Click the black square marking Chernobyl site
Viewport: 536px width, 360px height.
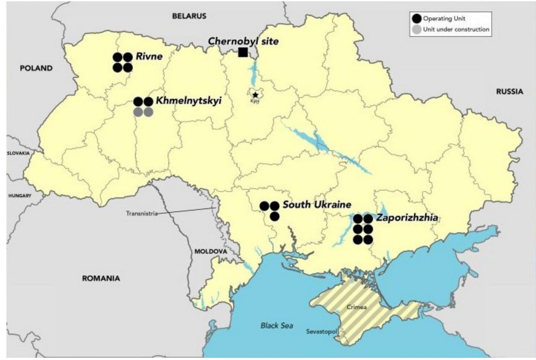pos(243,52)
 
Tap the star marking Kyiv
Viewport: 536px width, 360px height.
pos(255,95)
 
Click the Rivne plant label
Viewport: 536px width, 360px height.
pos(149,56)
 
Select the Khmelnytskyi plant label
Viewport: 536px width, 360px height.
pos(188,101)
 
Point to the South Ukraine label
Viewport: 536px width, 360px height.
pos(317,205)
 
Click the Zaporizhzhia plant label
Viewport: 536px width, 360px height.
pos(407,218)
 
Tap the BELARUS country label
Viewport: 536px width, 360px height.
pos(189,16)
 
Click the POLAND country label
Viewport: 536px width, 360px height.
pos(36,68)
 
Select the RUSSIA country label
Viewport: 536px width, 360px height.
pos(509,92)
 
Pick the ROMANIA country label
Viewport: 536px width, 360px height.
pos(101,278)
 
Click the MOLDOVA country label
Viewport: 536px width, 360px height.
pos(211,251)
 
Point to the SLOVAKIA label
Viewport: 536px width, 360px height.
pos(18,153)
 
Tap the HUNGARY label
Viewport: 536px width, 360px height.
pos(20,195)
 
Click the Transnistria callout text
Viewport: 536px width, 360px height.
pos(142,213)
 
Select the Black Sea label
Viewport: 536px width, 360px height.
pos(277,326)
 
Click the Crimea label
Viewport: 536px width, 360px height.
pos(356,307)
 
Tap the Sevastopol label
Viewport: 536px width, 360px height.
pos(321,331)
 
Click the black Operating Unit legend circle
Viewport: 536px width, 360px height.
pos(416,19)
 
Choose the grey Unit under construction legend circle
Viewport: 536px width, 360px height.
pos(416,30)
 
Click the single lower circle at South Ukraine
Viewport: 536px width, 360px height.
pos(274,217)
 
